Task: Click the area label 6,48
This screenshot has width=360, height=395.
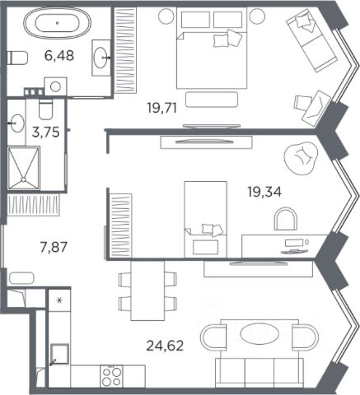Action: pyautogui.click(x=59, y=56)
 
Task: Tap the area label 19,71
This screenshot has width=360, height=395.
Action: pyautogui.click(x=161, y=108)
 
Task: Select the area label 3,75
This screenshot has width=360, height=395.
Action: pyautogui.click(x=45, y=132)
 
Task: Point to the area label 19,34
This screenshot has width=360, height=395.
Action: pyautogui.click(x=264, y=192)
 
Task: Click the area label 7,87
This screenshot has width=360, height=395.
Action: pyautogui.click(x=54, y=247)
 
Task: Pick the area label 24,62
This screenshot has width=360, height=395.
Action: pyautogui.click(x=165, y=346)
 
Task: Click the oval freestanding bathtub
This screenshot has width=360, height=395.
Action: pyautogui.click(x=57, y=23)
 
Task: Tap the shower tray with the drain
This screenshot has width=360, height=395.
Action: pyautogui.click(x=24, y=168)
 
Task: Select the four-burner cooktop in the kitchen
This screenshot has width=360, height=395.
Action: pyautogui.click(x=111, y=376)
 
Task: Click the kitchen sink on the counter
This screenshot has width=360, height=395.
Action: pyautogui.click(x=59, y=354)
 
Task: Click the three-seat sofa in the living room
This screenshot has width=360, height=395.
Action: pyautogui.click(x=259, y=373)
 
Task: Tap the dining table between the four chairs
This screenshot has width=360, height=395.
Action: pyautogui.click(x=147, y=290)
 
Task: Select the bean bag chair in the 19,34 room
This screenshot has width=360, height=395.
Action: pyautogui.click(x=301, y=158)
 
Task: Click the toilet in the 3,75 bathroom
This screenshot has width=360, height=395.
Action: pyautogui.click(x=45, y=109)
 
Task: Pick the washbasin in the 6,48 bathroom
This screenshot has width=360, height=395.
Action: pyautogui.click(x=101, y=58)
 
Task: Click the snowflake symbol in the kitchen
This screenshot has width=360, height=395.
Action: pyautogui.click(x=59, y=300)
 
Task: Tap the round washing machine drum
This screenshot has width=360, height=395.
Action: pyautogui.click(x=55, y=86)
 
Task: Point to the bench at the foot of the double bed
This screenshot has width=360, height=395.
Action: pyautogui.click(x=212, y=100)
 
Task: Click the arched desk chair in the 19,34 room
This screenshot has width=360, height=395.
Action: pyautogui.click(x=286, y=219)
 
